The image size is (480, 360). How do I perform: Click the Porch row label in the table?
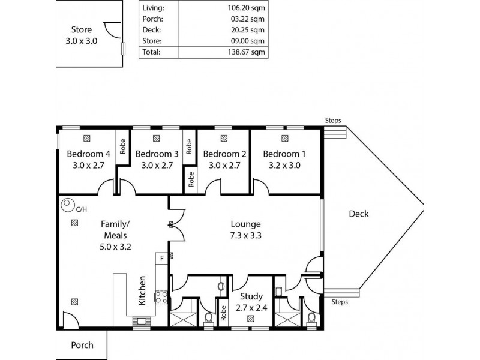click(x=153, y=20)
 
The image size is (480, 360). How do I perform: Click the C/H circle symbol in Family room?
click(x=67, y=206)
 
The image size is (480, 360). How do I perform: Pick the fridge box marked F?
click(x=161, y=258)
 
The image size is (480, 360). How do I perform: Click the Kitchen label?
click(x=142, y=291)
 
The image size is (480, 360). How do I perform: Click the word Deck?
click(x=358, y=214)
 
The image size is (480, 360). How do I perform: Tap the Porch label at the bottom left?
click(x=82, y=345)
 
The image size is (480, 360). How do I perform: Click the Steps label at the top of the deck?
click(x=333, y=120)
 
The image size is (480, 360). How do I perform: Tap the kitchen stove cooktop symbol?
click(x=161, y=296)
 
